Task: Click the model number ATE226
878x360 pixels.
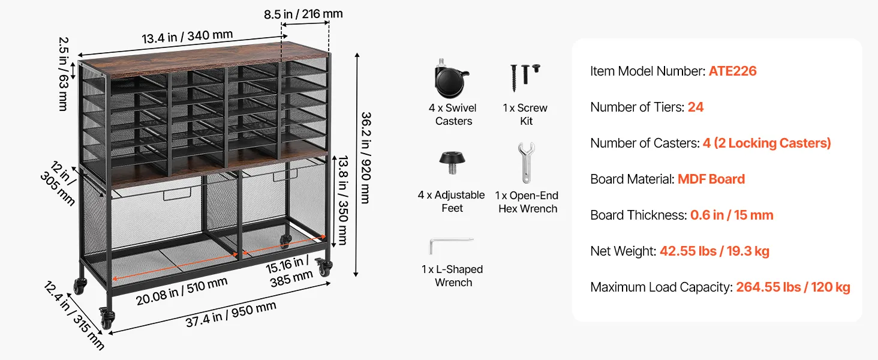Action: point(733,71)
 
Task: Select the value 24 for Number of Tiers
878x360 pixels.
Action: point(696,107)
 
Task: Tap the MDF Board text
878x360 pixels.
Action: point(711,179)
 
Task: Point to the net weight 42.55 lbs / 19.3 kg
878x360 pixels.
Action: point(714,251)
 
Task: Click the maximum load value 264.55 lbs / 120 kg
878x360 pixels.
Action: point(793,287)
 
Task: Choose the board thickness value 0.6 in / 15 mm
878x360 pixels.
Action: point(732,215)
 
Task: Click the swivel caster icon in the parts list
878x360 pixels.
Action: point(451,79)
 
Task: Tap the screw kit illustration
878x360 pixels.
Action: point(524,77)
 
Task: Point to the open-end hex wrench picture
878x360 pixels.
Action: point(525,163)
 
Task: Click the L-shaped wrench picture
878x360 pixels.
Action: point(451,245)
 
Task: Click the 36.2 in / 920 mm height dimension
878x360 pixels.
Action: point(366,158)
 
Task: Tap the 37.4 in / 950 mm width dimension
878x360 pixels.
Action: point(231,314)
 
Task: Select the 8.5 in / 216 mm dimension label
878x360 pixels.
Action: point(303,14)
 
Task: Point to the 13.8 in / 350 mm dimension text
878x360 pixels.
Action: point(343,200)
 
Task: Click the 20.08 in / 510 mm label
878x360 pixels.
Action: point(182,291)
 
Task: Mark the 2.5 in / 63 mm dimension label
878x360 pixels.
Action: point(64,74)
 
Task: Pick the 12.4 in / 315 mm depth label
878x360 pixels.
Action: point(74,315)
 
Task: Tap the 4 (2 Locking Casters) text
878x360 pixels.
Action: point(766,143)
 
